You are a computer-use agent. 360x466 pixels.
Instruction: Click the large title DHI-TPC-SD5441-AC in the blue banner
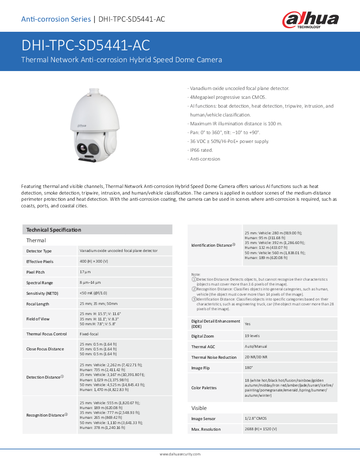(x=86, y=46)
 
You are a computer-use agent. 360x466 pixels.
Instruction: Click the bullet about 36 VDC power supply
(x=229, y=141)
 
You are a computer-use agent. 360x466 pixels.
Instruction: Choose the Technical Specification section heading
(x=53, y=230)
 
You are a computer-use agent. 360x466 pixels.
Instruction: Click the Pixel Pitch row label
(x=35, y=272)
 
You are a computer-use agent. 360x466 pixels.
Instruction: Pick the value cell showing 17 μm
(x=85, y=272)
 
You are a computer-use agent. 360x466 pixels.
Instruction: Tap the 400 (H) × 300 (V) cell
(x=94, y=262)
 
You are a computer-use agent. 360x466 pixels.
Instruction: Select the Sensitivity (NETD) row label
(x=42, y=293)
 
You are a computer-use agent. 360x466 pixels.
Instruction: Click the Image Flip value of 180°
(x=249, y=368)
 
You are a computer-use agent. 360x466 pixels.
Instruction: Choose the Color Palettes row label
(x=204, y=388)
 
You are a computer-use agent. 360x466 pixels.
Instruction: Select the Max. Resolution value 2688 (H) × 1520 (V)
(x=261, y=429)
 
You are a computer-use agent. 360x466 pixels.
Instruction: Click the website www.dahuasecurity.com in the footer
(x=180, y=454)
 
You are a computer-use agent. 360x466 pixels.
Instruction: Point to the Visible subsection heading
(x=199, y=408)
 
